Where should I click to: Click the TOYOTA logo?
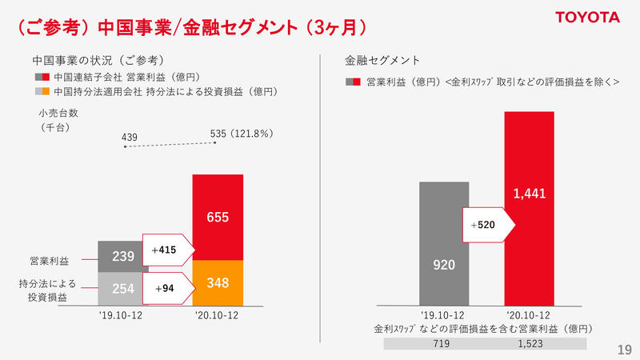click(587, 18)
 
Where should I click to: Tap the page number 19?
click(624, 350)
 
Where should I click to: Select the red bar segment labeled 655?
click(218, 217)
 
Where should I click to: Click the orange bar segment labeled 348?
click(218, 282)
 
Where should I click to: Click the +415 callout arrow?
click(167, 250)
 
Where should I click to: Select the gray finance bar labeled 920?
click(444, 243)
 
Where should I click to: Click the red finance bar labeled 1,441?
click(529, 208)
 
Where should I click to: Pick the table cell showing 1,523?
click(529, 343)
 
